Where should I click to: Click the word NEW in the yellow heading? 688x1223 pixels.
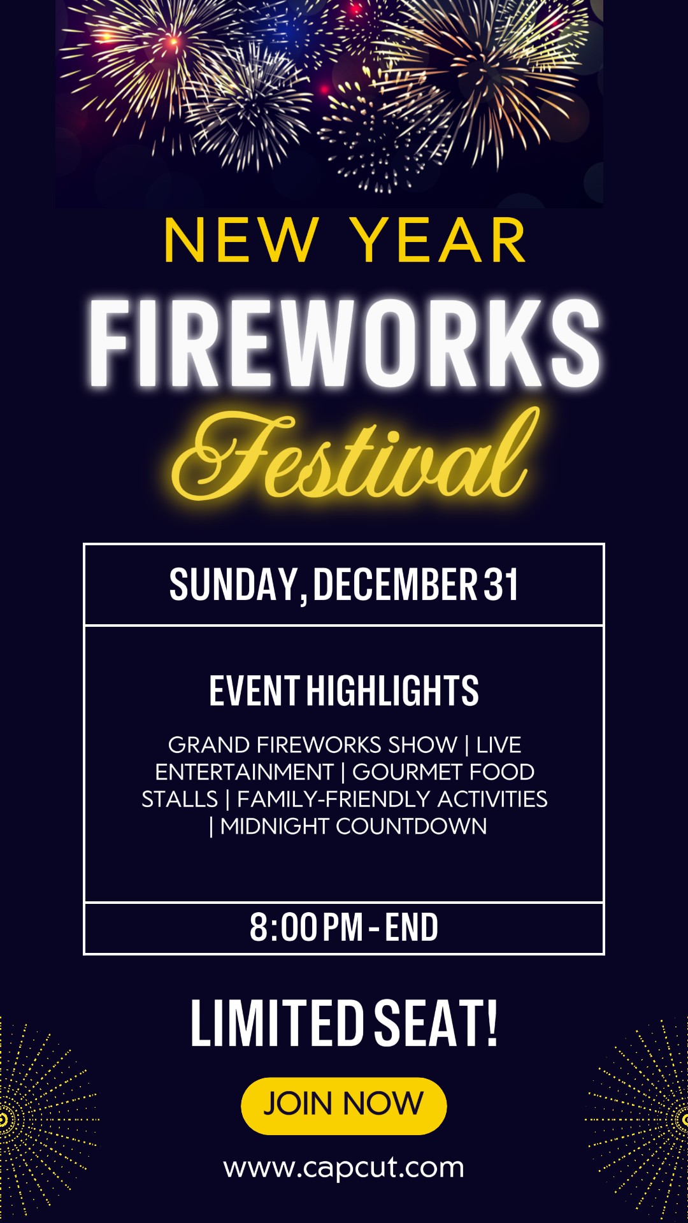tap(241, 240)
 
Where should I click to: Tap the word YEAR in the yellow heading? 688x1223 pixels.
tap(438, 240)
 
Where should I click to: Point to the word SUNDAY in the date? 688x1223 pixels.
tap(234, 584)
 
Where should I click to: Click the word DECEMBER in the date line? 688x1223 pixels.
tap(395, 584)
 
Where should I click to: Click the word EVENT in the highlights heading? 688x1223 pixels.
tap(254, 690)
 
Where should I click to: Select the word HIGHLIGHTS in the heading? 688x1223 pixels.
tap(392, 690)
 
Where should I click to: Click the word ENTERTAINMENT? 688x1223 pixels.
tap(245, 772)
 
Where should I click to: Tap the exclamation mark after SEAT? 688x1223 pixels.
tap(491, 1023)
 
